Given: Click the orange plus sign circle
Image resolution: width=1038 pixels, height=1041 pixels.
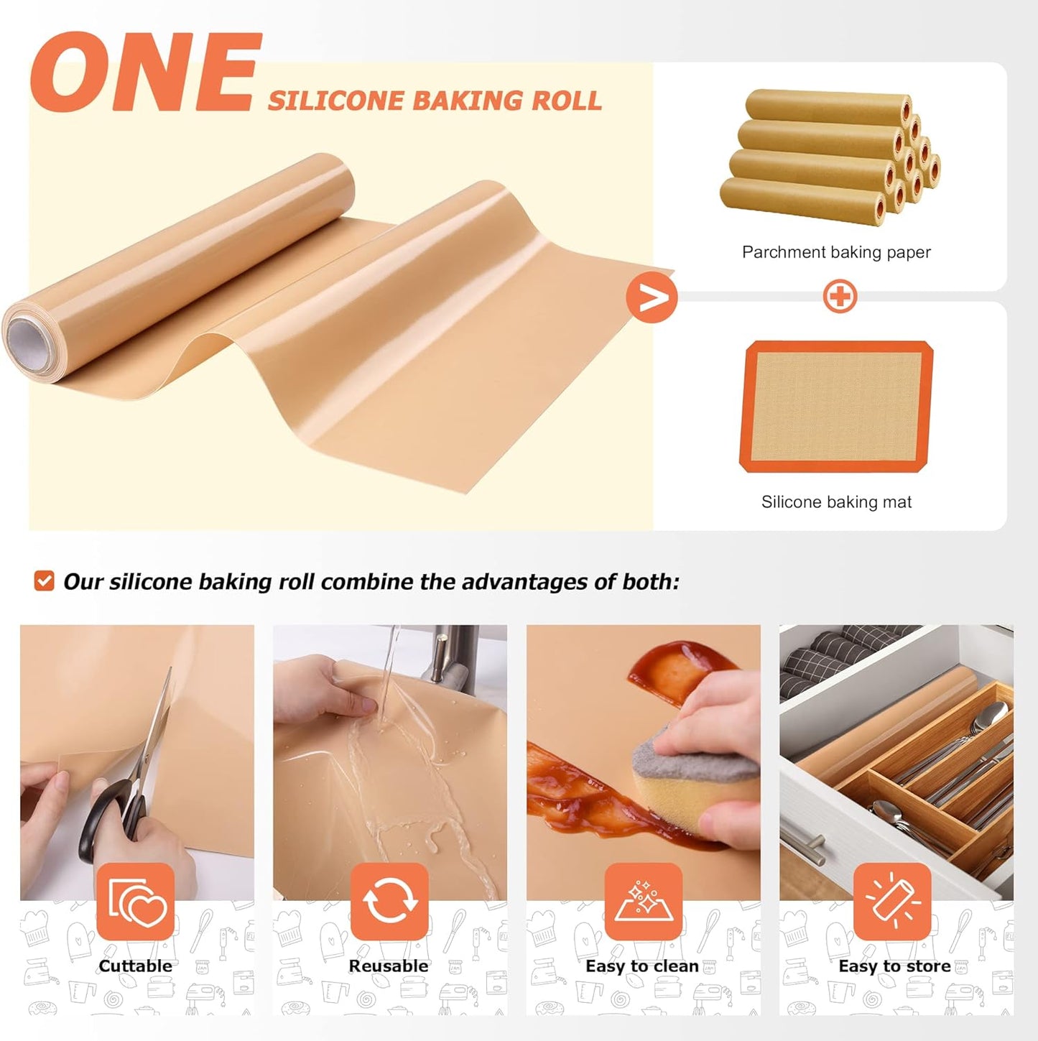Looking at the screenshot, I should pos(840,296).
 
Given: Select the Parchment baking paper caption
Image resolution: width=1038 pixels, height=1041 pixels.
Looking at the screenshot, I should pos(836,252).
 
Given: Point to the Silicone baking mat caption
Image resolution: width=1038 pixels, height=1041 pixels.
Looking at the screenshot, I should pos(836,502).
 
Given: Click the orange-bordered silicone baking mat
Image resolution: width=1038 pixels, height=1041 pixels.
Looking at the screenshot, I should pos(836,407).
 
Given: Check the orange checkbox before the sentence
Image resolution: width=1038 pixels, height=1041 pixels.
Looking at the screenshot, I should pos(45,580).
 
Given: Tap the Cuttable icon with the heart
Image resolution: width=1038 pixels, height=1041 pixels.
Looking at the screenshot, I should pos(136,902).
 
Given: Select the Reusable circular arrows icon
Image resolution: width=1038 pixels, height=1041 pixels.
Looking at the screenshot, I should pos(389,902).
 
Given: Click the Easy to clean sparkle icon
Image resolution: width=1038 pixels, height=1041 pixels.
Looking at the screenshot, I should pos(642,902).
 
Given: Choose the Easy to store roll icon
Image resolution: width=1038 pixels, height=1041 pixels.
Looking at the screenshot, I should pos(891,902).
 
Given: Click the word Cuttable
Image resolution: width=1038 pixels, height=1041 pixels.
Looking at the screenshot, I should pos(136,966).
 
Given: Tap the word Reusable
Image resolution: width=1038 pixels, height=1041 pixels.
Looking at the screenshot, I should pos(389,966).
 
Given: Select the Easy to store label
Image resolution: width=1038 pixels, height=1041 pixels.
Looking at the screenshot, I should pos(894,966).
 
